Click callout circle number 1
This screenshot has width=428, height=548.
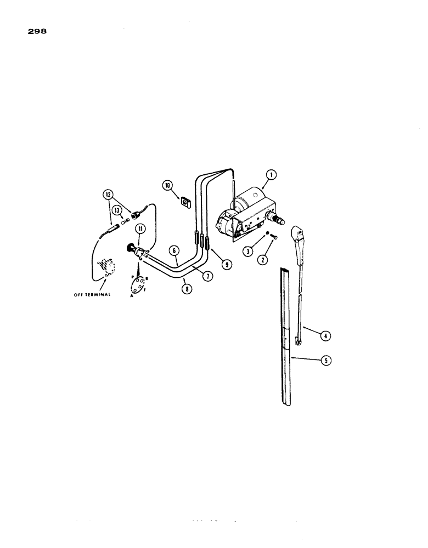(270, 175)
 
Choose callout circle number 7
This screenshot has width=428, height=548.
(207, 276)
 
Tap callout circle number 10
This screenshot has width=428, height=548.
(168, 187)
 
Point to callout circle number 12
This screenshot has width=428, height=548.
(108, 193)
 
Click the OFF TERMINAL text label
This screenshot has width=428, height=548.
(93, 295)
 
